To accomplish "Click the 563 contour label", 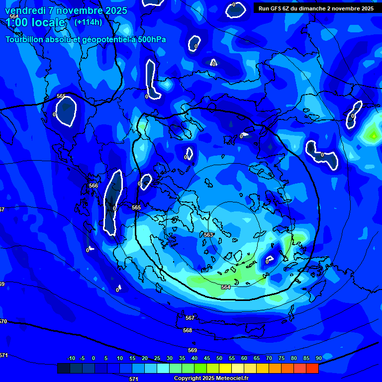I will tap(208, 235).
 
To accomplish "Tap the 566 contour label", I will tap(94, 186).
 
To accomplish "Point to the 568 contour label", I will tap(188, 330).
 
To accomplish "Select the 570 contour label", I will tap(3, 322).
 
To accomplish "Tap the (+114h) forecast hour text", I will tap(88, 22).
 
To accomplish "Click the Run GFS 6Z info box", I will tap(316, 8).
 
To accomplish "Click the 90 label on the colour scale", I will tap(318, 358).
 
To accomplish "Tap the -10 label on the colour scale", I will tap(71, 358).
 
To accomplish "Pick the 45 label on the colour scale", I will tap(207, 358).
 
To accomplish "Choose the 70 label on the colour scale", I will tap(269, 358).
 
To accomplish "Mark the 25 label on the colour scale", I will tap(157, 358).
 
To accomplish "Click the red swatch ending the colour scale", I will tap(312, 368).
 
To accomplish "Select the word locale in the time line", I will tap(47, 22).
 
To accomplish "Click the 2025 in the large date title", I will tap(113, 10).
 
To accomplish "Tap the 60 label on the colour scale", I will tap(244, 358).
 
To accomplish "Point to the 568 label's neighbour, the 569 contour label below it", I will tap(192, 350).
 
